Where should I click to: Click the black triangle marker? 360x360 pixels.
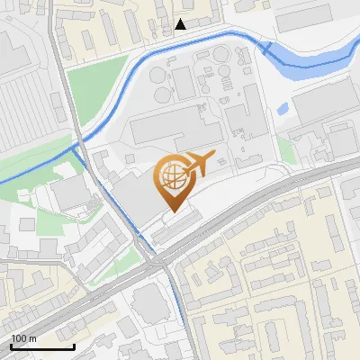pyautogui.click(x=181, y=24)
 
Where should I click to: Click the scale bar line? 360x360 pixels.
pyautogui.click(x=41, y=346)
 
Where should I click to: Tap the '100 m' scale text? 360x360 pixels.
pyautogui.click(x=24, y=338)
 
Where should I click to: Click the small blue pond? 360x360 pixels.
pyautogui.click(x=283, y=109)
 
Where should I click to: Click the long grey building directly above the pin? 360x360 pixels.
pyautogui.click(x=175, y=131)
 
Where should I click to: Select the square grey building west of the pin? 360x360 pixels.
pyautogui.click(x=67, y=194)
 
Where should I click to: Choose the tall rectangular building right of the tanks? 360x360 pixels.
pyautogui.click(x=241, y=121)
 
